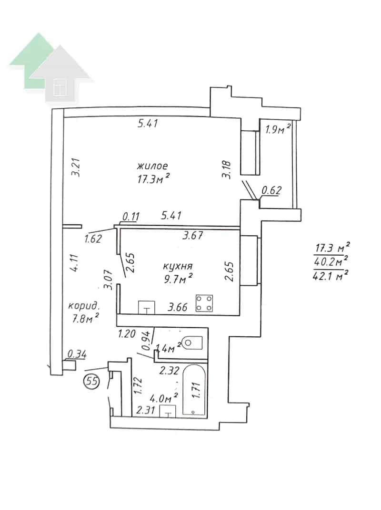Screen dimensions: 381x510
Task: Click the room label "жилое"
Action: pos(152,166)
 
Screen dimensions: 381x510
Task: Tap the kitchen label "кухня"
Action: pos(178,266)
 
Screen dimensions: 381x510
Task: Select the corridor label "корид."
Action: pos(83,306)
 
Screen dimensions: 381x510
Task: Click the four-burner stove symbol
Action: pos(204,303)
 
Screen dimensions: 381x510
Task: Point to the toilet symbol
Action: pos(192,343)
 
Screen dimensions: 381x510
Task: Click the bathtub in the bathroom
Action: pos(194,390)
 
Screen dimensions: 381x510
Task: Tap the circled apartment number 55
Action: pos(91,381)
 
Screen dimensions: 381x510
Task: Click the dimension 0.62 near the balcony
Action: pos(271,190)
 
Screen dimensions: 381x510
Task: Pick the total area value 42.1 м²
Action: pos(331,276)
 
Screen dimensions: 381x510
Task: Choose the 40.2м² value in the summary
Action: pos(331,261)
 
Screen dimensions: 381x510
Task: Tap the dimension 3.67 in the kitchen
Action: pos(193,235)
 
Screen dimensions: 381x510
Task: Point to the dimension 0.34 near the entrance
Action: pos(77,354)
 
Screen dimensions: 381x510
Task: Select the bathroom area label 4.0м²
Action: pos(164,398)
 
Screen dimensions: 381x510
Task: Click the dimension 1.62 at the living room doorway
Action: pos(93,239)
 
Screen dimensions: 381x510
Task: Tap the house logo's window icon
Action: pos(60,87)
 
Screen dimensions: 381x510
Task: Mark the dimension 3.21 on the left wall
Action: pos(77,167)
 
